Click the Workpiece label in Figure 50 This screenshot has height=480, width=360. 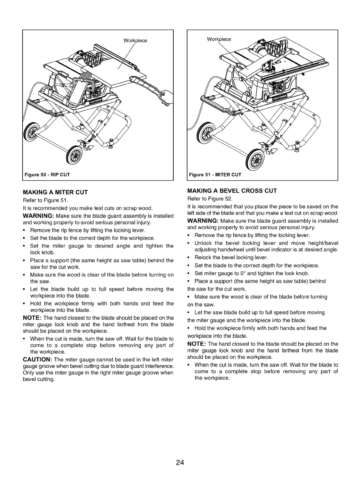tap(136, 41)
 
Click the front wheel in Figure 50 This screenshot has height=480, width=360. tap(73, 156)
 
